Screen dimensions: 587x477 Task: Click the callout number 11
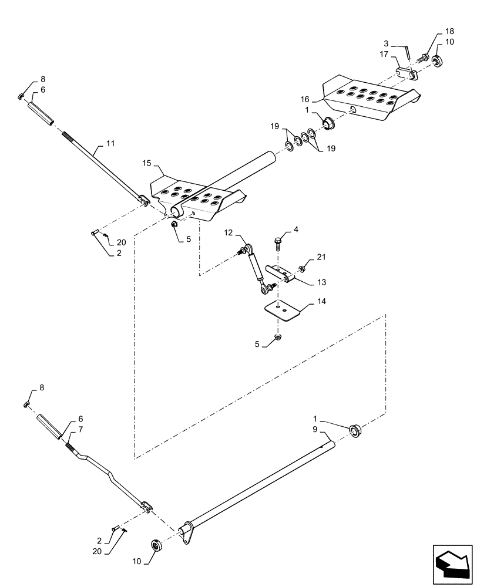click(111, 144)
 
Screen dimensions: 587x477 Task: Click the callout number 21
click(321, 257)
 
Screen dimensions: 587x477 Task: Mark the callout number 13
click(321, 282)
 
